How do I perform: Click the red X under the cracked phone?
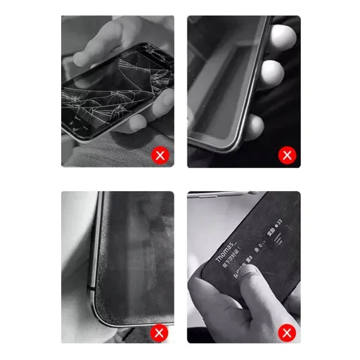(160, 155)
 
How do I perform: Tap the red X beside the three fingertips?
(286, 155)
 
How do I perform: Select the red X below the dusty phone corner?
(160, 332)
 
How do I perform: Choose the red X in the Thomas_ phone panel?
(286, 332)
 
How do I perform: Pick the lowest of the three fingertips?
(255, 127)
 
